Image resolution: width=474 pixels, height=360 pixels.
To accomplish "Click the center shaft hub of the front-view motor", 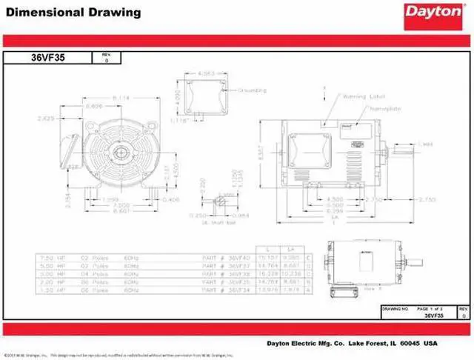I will [x=120, y=155].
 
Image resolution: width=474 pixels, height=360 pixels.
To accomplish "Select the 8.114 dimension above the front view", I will [x=121, y=99].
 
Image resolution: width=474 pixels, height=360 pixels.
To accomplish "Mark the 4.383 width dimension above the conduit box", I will [x=207, y=73].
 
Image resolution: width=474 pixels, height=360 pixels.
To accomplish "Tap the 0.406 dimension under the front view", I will [x=170, y=199].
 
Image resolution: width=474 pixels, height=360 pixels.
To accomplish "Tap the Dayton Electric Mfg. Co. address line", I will [x=352, y=343].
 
